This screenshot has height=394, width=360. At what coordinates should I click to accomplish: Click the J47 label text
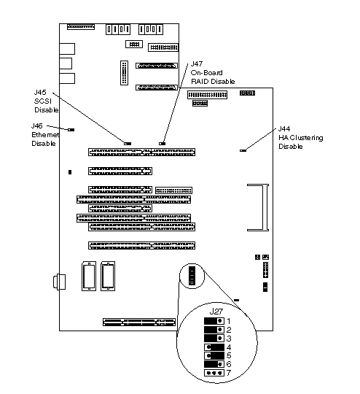tap(197, 63)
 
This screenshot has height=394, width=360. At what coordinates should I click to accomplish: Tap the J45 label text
tap(40, 92)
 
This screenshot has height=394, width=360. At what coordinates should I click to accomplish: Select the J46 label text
tap(37, 125)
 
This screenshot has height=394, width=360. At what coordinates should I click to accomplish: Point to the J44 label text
tap(284, 129)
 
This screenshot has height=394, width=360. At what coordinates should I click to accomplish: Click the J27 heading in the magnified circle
tap(216, 312)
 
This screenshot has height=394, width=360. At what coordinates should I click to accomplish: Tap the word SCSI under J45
tap(43, 101)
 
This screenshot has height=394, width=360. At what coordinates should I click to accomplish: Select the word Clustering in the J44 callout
tap(307, 138)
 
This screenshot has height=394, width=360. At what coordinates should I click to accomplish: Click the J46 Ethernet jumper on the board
tap(71, 130)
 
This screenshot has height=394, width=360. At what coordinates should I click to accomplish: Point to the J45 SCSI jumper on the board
tap(128, 144)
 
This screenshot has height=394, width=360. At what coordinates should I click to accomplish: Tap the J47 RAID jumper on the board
tap(163, 144)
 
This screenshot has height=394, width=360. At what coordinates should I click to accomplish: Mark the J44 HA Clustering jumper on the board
tap(243, 150)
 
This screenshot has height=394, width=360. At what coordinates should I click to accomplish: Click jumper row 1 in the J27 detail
tap(214, 321)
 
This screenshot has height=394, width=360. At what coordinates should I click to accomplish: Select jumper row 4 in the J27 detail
tap(214, 347)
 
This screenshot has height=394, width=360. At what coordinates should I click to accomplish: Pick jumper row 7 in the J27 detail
tap(214, 373)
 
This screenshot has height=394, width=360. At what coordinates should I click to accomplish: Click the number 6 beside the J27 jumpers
tap(228, 364)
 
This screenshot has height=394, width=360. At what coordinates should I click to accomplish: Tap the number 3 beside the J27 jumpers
tap(228, 339)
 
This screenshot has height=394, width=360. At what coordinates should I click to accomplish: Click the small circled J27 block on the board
tap(192, 276)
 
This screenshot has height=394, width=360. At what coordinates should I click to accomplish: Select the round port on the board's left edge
tap(59, 282)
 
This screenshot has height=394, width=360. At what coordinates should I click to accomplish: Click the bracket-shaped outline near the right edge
tap(265, 207)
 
